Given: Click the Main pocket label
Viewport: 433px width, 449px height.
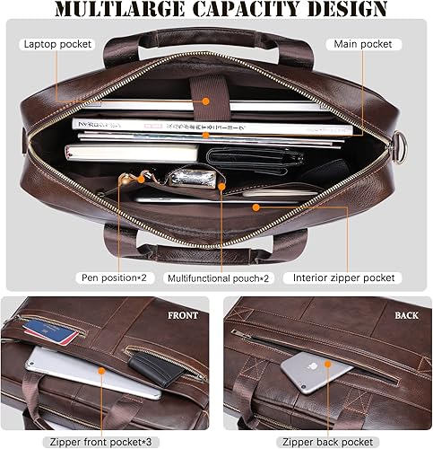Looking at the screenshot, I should pos(368,43).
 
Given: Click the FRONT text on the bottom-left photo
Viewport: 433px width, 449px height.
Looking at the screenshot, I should pos(183,316).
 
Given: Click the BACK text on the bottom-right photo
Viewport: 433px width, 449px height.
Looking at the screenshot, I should pos(404,316).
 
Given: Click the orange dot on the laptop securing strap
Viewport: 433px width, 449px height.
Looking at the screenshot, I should pos(205,103).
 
